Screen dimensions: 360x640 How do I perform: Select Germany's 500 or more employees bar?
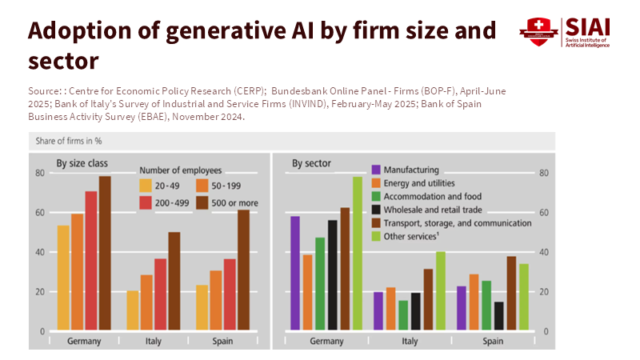(x=105, y=253)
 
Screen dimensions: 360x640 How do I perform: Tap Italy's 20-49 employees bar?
(x=133, y=310)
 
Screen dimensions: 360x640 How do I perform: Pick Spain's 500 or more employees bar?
(x=243, y=270)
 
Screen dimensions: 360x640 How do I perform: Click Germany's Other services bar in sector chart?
(x=358, y=253)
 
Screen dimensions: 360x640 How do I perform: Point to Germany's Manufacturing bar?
(x=295, y=273)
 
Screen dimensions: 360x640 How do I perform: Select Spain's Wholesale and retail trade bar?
(x=499, y=316)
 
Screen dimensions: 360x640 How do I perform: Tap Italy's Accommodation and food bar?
(x=403, y=315)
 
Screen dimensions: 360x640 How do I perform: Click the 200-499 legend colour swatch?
(x=146, y=203)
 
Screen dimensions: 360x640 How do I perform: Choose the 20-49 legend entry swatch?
(x=146, y=186)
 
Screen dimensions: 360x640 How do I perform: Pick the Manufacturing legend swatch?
(x=374, y=170)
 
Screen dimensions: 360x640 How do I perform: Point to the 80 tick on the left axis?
(x=39, y=173)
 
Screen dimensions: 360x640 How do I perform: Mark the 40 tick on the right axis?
(x=544, y=252)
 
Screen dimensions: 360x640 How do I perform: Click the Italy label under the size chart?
(x=153, y=342)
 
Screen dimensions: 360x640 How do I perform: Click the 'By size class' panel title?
(x=82, y=164)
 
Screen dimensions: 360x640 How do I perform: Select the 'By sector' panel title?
(x=311, y=164)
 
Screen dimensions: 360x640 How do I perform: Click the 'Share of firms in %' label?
(x=68, y=141)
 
